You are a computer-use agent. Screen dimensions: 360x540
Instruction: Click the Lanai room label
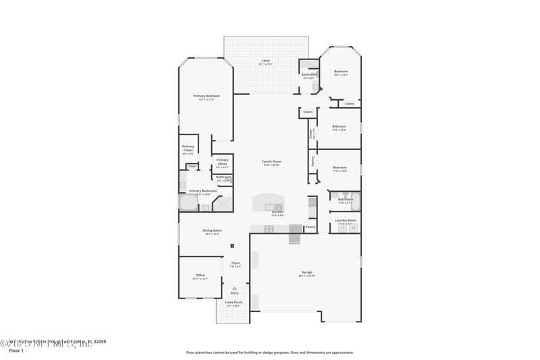click(266, 61)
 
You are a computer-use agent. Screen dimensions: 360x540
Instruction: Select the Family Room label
click(272, 161)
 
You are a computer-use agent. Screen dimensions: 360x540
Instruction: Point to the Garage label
click(306, 272)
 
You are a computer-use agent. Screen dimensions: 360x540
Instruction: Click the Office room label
click(200, 275)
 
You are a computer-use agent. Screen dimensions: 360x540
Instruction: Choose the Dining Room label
click(212, 230)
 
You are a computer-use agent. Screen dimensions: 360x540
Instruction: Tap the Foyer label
click(236, 263)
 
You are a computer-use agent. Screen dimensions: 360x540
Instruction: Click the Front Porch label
click(232, 302)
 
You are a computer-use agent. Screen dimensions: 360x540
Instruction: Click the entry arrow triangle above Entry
click(234, 287)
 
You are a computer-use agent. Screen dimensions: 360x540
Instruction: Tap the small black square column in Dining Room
click(232, 246)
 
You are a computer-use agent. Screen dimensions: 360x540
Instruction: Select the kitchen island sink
click(278, 207)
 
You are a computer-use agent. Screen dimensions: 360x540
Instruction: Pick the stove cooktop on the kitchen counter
click(269, 228)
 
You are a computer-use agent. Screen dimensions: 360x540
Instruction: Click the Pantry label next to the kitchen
click(310, 227)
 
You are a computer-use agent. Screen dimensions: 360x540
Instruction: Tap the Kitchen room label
click(277, 212)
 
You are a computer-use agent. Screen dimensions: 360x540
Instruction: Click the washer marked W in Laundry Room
click(352, 228)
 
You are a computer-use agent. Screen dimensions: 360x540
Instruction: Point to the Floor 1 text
click(16, 351)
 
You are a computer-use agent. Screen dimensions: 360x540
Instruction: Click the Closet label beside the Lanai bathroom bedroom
click(349, 103)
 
